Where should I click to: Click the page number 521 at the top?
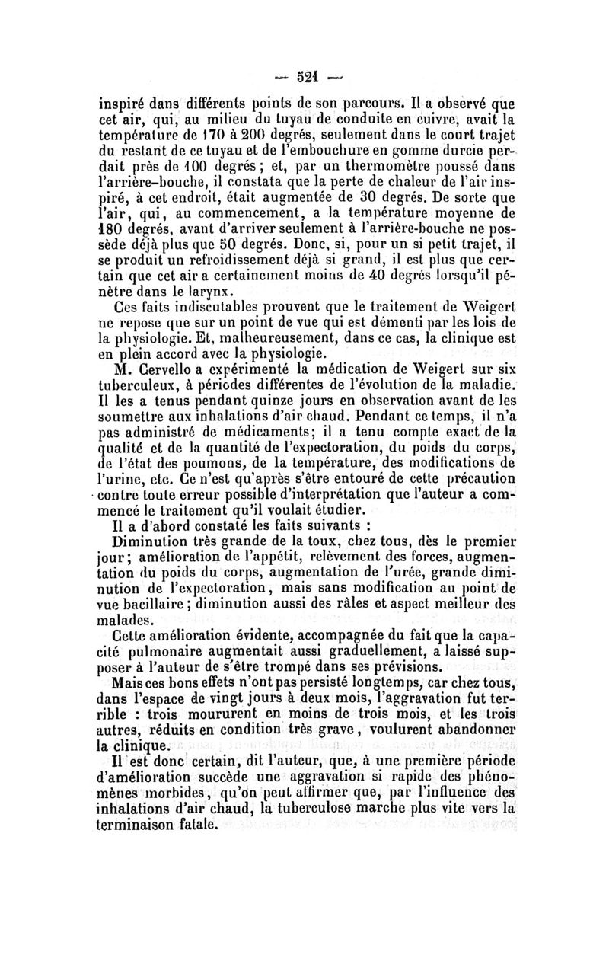[303, 77]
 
